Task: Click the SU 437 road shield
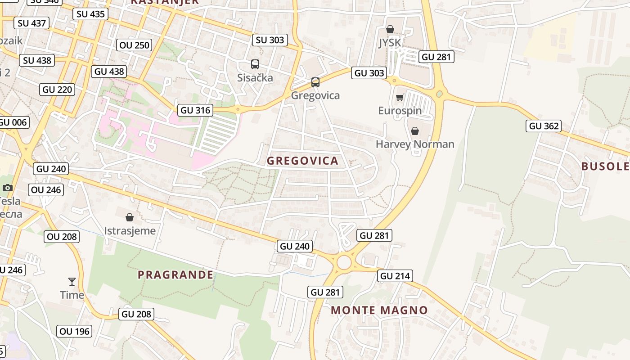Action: click(x=31, y=23)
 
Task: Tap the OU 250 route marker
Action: click(x=134, y=45)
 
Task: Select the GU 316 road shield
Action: click(x=195, y=110)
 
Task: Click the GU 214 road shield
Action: click(x=396, y=276)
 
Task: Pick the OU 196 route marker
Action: click(x=75, y=332)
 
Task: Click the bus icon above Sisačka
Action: click(x=255, y=64)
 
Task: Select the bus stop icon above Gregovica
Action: click(x=315, y=82)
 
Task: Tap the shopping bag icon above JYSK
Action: click(x=390, y=29)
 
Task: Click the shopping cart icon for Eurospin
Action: click(x=400, y=98)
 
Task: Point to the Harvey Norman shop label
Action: click(x=415, y=144)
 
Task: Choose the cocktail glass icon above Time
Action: click(x=72, y=282)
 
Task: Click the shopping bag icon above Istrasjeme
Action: click(x=130, y=218)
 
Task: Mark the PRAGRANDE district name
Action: click(x=175, y=274)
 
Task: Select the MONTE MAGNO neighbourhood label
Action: click(x=379, y=310)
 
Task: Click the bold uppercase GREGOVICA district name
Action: click(x=302, y=161)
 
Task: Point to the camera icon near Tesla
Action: click(x=7, y=188)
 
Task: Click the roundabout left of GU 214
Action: click(x=344, y=262)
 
